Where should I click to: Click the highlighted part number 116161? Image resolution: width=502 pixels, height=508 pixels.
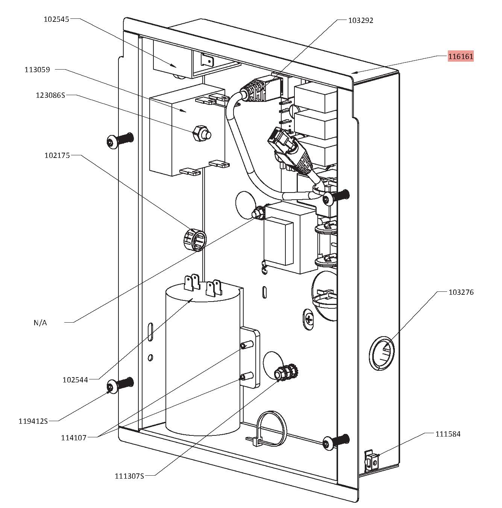(x=461, y=56)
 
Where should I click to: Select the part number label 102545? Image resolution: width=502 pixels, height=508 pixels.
(x=56, y=19)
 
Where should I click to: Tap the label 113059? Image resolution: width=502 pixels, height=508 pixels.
(x=37, y=70)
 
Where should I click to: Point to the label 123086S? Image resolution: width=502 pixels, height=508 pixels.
(x=50, y=95)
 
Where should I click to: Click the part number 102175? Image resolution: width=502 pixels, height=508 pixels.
(x=57, y=155)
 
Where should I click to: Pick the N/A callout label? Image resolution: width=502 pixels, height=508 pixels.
(x=40, y=323)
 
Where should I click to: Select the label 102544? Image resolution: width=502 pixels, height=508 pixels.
(x=75, y=380)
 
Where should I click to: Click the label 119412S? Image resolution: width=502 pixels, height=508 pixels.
(x=33, y=421)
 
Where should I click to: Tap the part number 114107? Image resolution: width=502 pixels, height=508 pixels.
(x=74, y=438)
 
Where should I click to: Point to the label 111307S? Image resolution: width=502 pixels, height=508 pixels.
(x=129, y=476)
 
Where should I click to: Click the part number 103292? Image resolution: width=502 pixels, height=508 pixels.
(x=361, y=20)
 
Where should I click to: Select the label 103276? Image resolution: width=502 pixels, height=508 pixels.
(x=461, y=292)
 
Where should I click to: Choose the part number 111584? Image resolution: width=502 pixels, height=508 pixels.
(x=448, y=434)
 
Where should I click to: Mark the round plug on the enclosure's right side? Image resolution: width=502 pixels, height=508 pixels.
(x=382, y=353)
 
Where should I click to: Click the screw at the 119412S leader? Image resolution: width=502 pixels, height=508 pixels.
(x=120, y=385)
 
